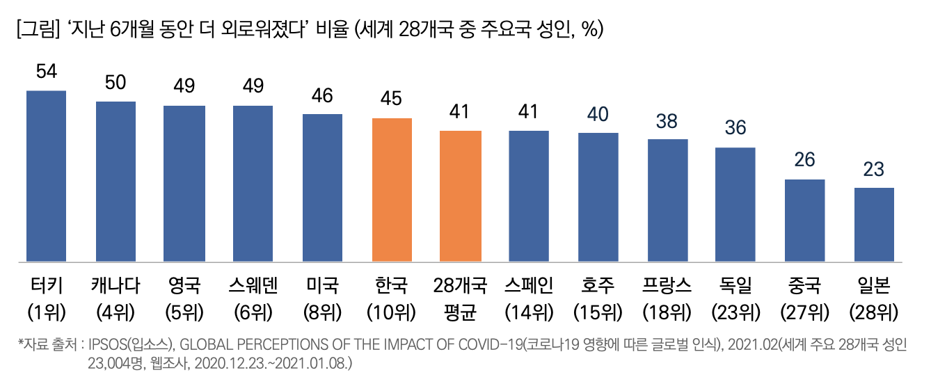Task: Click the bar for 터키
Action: [46, 176]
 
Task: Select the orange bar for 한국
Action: [392, 190]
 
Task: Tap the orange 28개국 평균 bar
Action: [461, 196]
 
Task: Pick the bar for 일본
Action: [874, 225]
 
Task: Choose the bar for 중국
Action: [805, 221]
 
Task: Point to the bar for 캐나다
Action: [116, 182]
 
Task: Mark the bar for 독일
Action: [735, 205]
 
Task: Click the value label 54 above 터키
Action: [46, 73]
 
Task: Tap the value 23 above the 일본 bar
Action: [874, 170]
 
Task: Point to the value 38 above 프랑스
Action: [667, 122]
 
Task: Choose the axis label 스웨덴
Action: [253, 286]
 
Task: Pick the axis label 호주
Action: [598, 286]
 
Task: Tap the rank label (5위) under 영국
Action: [184, 312]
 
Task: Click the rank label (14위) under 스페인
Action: [530, 312]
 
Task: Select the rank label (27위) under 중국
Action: [805, 312]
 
